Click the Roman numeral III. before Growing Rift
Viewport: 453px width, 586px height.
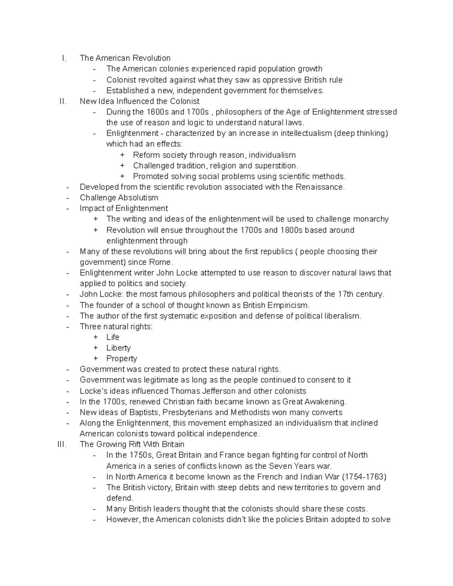(x=62, y=444)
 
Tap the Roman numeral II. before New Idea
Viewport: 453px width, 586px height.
(x=63, y=101)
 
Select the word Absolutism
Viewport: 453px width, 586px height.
(x=138, y=198)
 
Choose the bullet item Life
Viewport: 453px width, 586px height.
(x=112, y=337)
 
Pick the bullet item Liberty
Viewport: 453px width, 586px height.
(x=118, y=348)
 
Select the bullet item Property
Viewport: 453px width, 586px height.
(x=122, y=358)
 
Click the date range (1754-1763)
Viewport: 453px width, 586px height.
(x=364, y=477)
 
